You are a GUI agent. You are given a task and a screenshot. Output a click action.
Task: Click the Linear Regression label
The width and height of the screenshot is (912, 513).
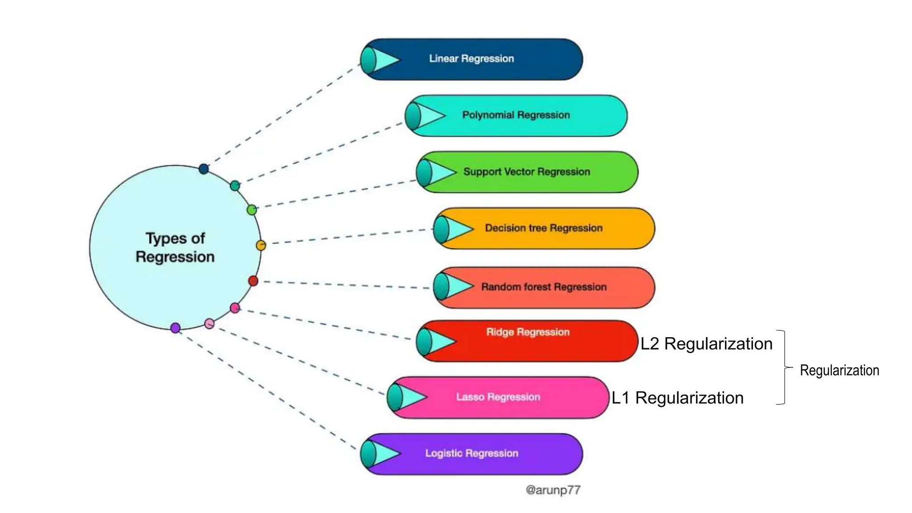click(x=471, y=58)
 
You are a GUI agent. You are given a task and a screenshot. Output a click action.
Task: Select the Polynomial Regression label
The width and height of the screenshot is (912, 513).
click(x=516, y=115)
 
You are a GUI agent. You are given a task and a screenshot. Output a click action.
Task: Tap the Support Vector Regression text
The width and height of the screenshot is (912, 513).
click(x=526, y=171)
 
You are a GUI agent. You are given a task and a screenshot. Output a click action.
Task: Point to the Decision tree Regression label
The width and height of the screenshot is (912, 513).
click(x=543, y=228)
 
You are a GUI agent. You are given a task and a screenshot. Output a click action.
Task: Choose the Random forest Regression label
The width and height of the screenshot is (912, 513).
click(x=544, y=287)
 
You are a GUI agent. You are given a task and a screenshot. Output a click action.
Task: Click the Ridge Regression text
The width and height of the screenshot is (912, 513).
click(x=528, y=332)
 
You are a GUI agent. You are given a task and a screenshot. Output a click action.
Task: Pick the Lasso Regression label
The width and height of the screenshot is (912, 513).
click(x=498, y=397)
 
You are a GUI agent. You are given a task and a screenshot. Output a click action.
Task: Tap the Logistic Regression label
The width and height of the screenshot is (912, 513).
click(x=472, y=453)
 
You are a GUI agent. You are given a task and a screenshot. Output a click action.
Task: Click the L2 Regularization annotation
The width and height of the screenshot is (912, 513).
click(x=706, y=344)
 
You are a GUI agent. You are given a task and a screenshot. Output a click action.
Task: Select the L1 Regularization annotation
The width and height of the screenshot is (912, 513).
click(x=677, y=398)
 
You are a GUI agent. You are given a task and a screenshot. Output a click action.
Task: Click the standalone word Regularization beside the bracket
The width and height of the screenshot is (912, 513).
click(x=839, y=370)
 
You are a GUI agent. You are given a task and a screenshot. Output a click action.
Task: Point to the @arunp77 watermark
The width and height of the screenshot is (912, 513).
click(x=553, y=490)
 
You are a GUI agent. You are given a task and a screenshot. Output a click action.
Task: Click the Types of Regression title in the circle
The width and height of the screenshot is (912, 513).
click(x=175, y=248)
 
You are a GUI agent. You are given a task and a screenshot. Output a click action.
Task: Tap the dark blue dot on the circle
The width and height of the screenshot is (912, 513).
click(x=204, y=169)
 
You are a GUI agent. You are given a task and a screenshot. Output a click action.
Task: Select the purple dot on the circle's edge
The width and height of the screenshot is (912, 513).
click(x=175, y=328)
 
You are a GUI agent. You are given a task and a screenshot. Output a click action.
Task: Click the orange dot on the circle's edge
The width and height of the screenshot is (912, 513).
click(x=261, y=245)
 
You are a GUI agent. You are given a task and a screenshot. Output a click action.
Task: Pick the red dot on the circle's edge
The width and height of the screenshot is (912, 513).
click(x=253, y=281)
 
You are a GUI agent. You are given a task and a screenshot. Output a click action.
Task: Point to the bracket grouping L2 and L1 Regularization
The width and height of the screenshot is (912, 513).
click(x=784, y=367)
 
